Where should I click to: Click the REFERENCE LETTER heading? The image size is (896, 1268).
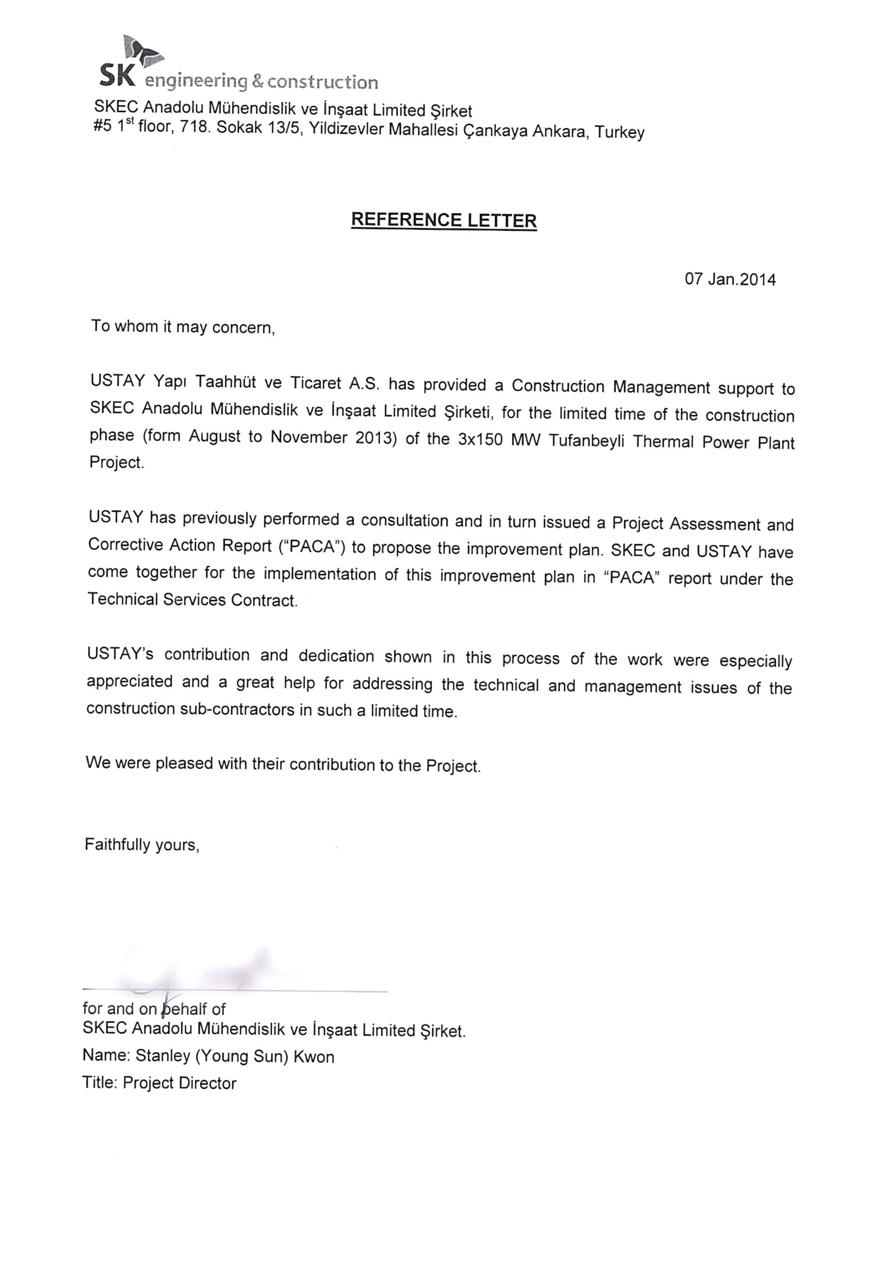point(444,220)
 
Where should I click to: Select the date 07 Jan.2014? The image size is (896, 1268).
point(730,279)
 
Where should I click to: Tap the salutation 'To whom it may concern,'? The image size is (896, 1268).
point(183,327)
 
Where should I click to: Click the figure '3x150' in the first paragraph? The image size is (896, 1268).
point(480,440)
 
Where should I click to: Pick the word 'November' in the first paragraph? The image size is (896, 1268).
point(308,437)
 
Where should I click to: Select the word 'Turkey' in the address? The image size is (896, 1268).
point(620,132)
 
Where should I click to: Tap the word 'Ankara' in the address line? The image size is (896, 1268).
point(559,132)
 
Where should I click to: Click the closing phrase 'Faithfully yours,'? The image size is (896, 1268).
point(142,844)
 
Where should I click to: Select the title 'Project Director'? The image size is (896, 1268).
point(179,1083)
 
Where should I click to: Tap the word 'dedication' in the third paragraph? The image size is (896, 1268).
point(336,656)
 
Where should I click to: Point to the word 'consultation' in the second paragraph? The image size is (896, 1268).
point(405,520)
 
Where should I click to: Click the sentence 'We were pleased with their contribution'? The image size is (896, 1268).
point(282,764)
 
